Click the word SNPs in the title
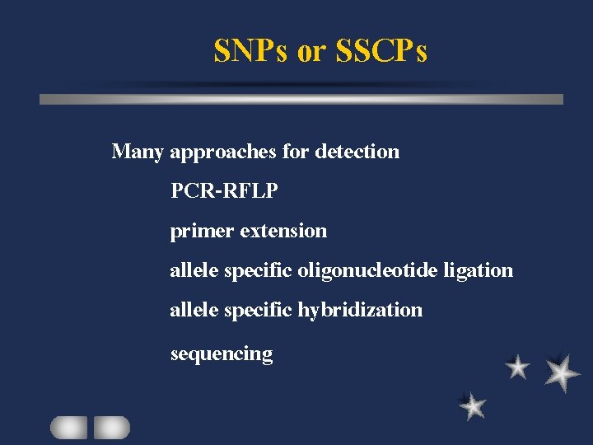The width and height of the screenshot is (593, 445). [x=250, y=51]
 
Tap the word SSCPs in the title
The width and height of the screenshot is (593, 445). [x=381, y=51]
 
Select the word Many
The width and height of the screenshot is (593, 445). [x=138, y=152]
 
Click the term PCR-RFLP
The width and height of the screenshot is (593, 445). [x=224, y=191]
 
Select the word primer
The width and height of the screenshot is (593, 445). [x=202, y=232]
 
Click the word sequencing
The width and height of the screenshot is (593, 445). [x=221, y=354]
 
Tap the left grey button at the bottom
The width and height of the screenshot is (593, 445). [x=68, y=427]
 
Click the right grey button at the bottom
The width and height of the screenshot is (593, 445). [x=111, y=427]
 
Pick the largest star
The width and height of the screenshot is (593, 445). [x=562, y=372]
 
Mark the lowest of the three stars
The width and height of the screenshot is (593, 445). [x=472, y=405]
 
